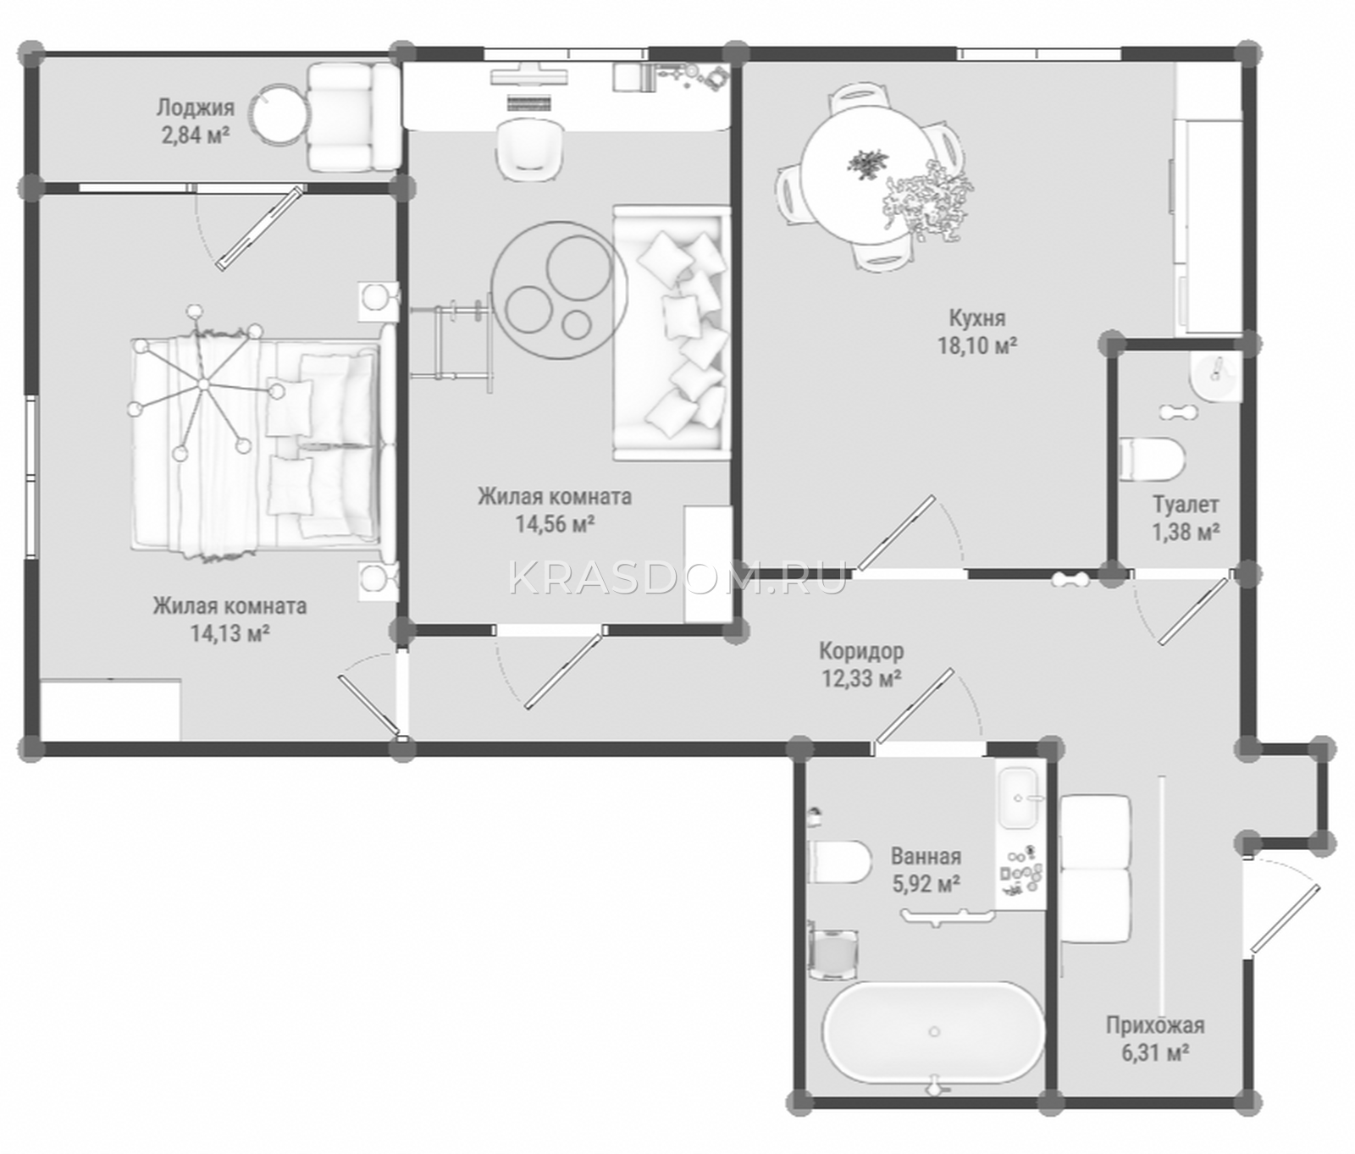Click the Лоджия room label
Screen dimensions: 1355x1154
[195, 108]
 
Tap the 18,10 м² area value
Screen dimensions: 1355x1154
[976, 345]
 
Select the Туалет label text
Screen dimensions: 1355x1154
[1186, 505]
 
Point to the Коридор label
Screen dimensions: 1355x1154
[861, 651]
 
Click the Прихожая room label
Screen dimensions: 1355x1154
[1155, 1026]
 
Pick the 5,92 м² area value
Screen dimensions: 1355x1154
[926, 885]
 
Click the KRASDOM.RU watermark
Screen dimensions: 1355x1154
[677, 579]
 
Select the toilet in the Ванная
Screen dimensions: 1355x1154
[839, 862]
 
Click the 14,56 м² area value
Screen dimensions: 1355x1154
[555, 524]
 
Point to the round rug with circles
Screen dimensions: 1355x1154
[559, 290]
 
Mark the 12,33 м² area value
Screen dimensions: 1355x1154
[861, 678]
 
